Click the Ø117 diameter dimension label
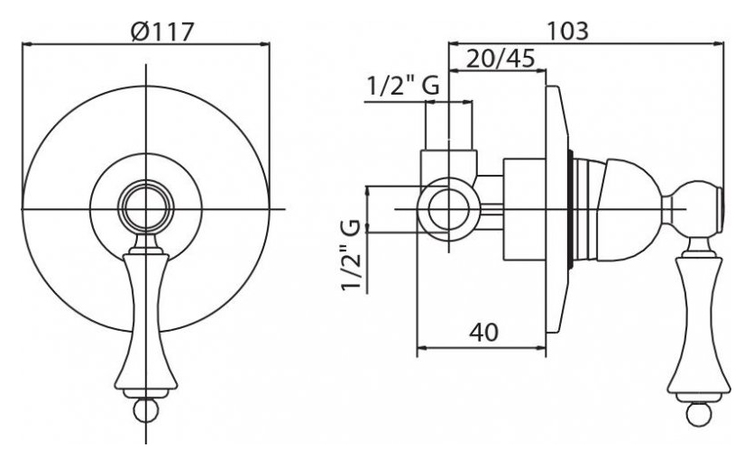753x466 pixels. pos(161,32)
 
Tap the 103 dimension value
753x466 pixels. pos(568,32)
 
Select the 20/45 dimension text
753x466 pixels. pos(500,59)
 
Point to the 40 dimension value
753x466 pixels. pos(483,332)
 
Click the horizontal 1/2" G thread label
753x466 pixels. pos(403,87)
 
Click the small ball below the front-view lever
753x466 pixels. pos(145,409)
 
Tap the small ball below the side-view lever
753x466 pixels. pos(699,414)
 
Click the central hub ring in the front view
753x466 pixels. pos(146,208)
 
